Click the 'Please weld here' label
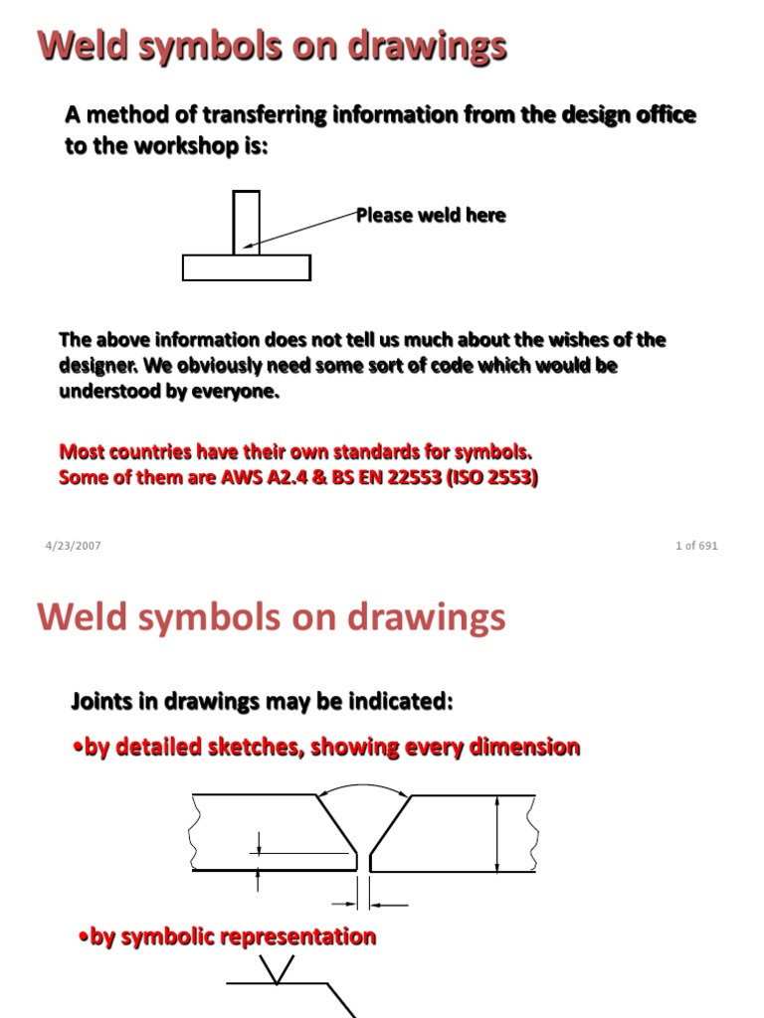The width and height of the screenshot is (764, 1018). pos(431,216)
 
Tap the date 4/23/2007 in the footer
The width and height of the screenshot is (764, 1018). pos(73,546)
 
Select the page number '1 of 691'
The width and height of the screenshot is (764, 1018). pos(695,546)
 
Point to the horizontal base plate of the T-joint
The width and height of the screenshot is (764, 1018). pos(247,267)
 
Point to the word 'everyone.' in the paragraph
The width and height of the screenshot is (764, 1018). pos(242,392)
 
